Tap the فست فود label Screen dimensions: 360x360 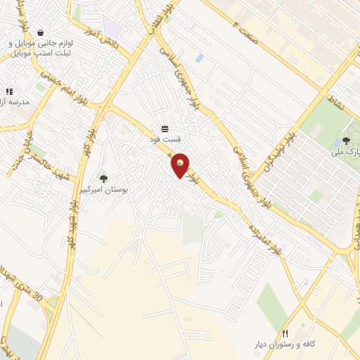pyautogui.click(x=164, y=139)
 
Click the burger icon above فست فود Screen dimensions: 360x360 pyautogui.click(x=164, y=128)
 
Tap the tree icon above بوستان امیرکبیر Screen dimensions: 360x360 pyautogui.click(x=104, y=179)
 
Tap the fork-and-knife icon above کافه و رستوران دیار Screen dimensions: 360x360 pyautogui.click(x=285, y=333)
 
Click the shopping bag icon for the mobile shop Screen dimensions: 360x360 pyautogui.click(x=40, y=32)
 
